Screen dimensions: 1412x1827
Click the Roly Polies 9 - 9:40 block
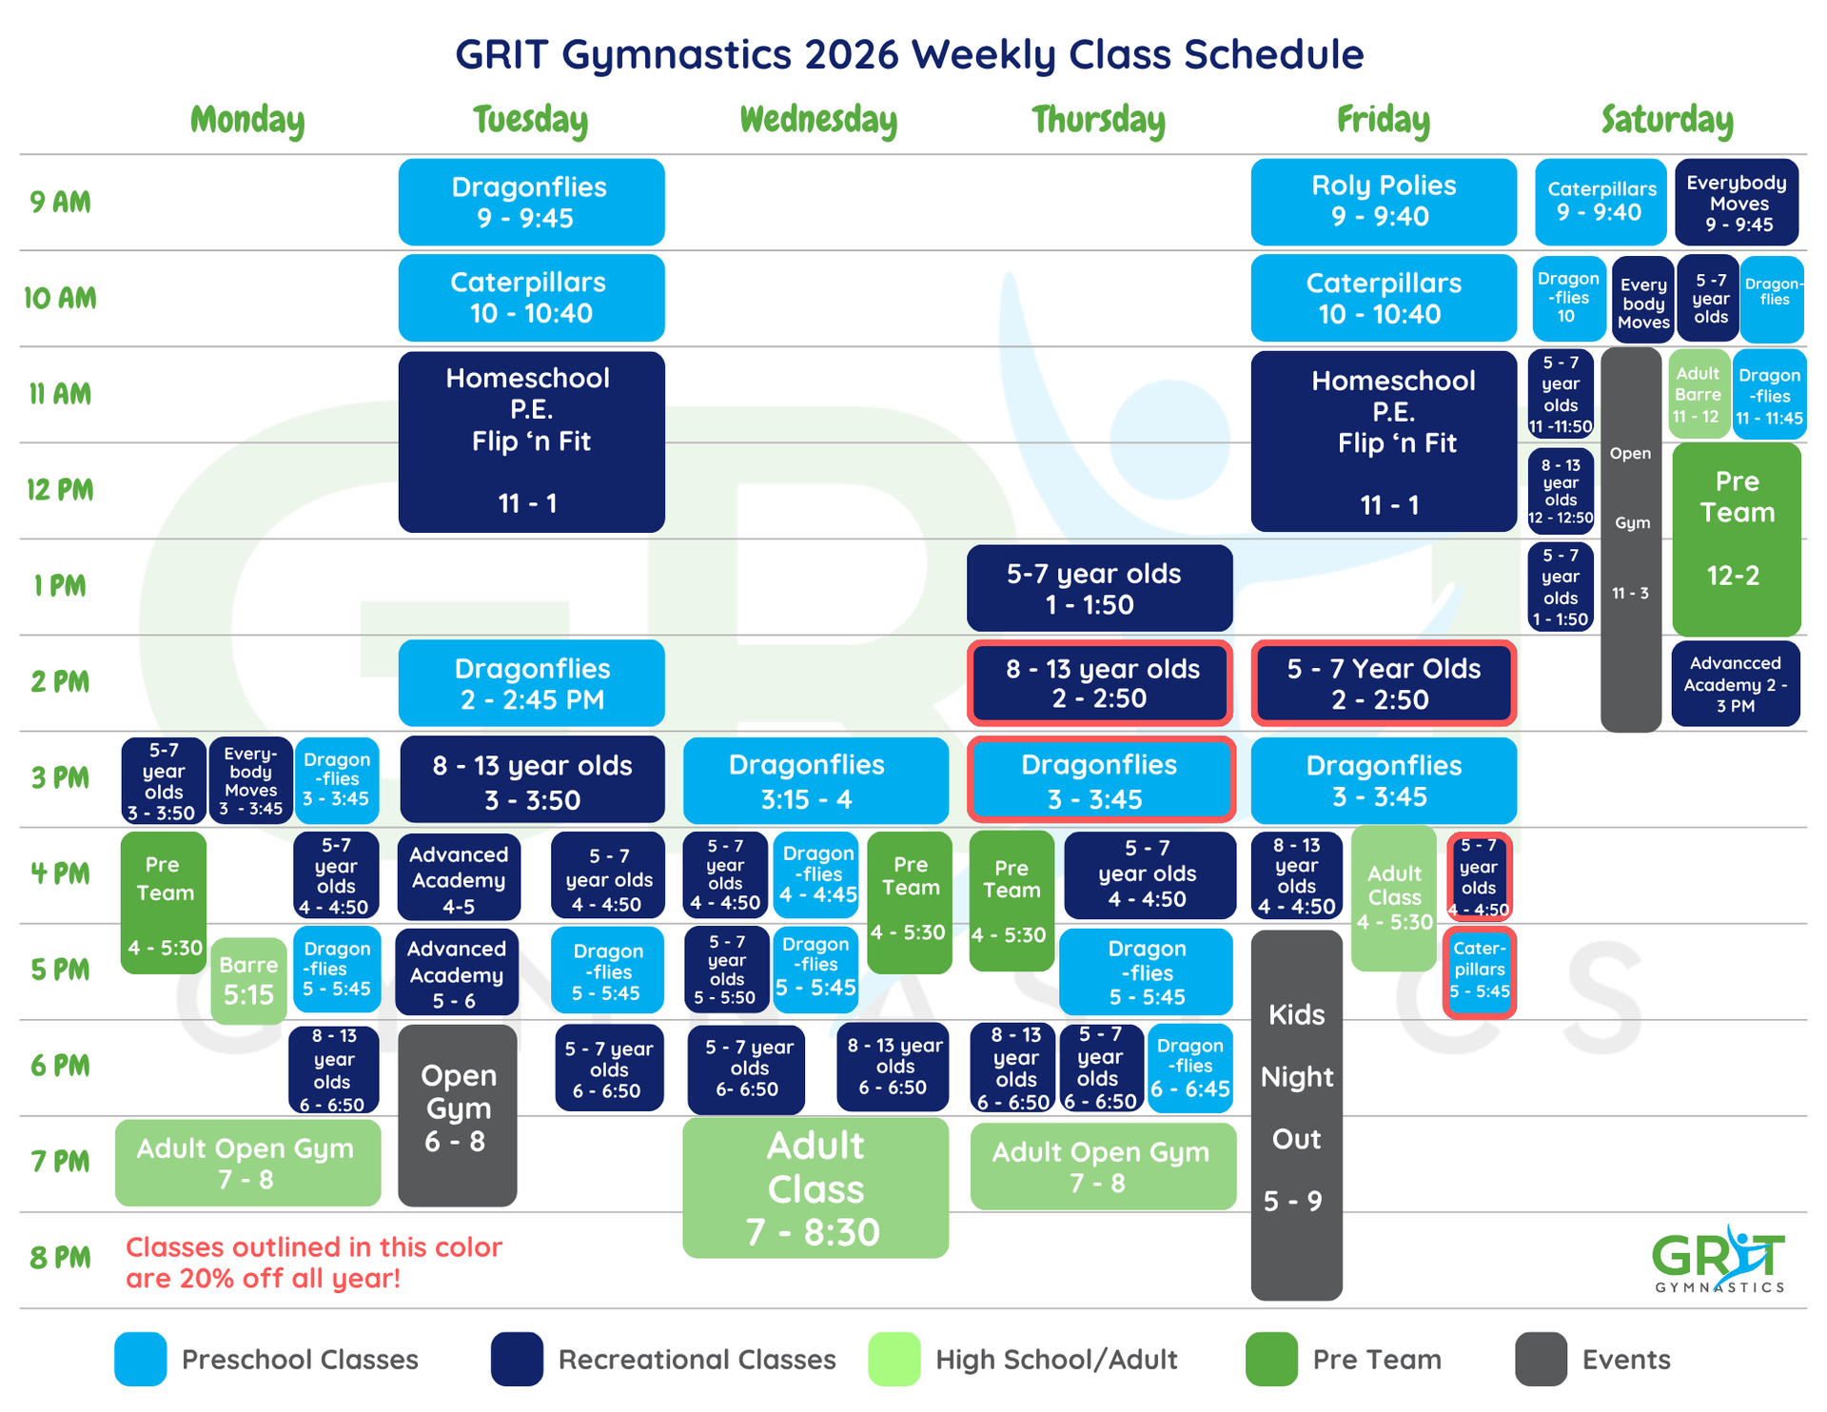click(1383, 202)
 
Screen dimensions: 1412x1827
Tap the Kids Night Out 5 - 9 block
click(1296, 1113)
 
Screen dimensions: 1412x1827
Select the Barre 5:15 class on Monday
click(248, 980)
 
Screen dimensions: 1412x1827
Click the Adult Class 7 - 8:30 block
click(815, 1187)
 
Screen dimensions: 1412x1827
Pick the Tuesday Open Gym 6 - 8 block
click(458, 1114)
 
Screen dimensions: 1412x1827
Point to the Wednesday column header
click(818, 120)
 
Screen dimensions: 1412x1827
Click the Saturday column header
click(1667, 120)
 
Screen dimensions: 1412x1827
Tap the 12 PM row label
click(60, 490)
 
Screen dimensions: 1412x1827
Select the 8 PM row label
click(60, 1258)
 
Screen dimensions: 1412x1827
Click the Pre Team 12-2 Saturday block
click(1737, 539)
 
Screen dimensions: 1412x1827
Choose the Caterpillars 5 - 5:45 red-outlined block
click(1479, 971)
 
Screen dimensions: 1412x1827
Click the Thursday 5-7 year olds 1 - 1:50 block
click(1099, 588)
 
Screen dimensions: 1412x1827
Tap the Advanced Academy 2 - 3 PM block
click(1735, 684)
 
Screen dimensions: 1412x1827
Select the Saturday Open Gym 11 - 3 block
click(1630, 539)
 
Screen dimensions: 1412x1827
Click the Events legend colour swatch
click(1541, 1359)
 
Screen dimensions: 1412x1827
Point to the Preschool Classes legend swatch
click(140, 1359)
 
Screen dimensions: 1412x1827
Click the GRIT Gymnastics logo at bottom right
click(1719, 1259)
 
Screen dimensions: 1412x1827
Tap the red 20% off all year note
click(313, 1262)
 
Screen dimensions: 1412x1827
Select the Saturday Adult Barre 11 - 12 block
click(1699, 394)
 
